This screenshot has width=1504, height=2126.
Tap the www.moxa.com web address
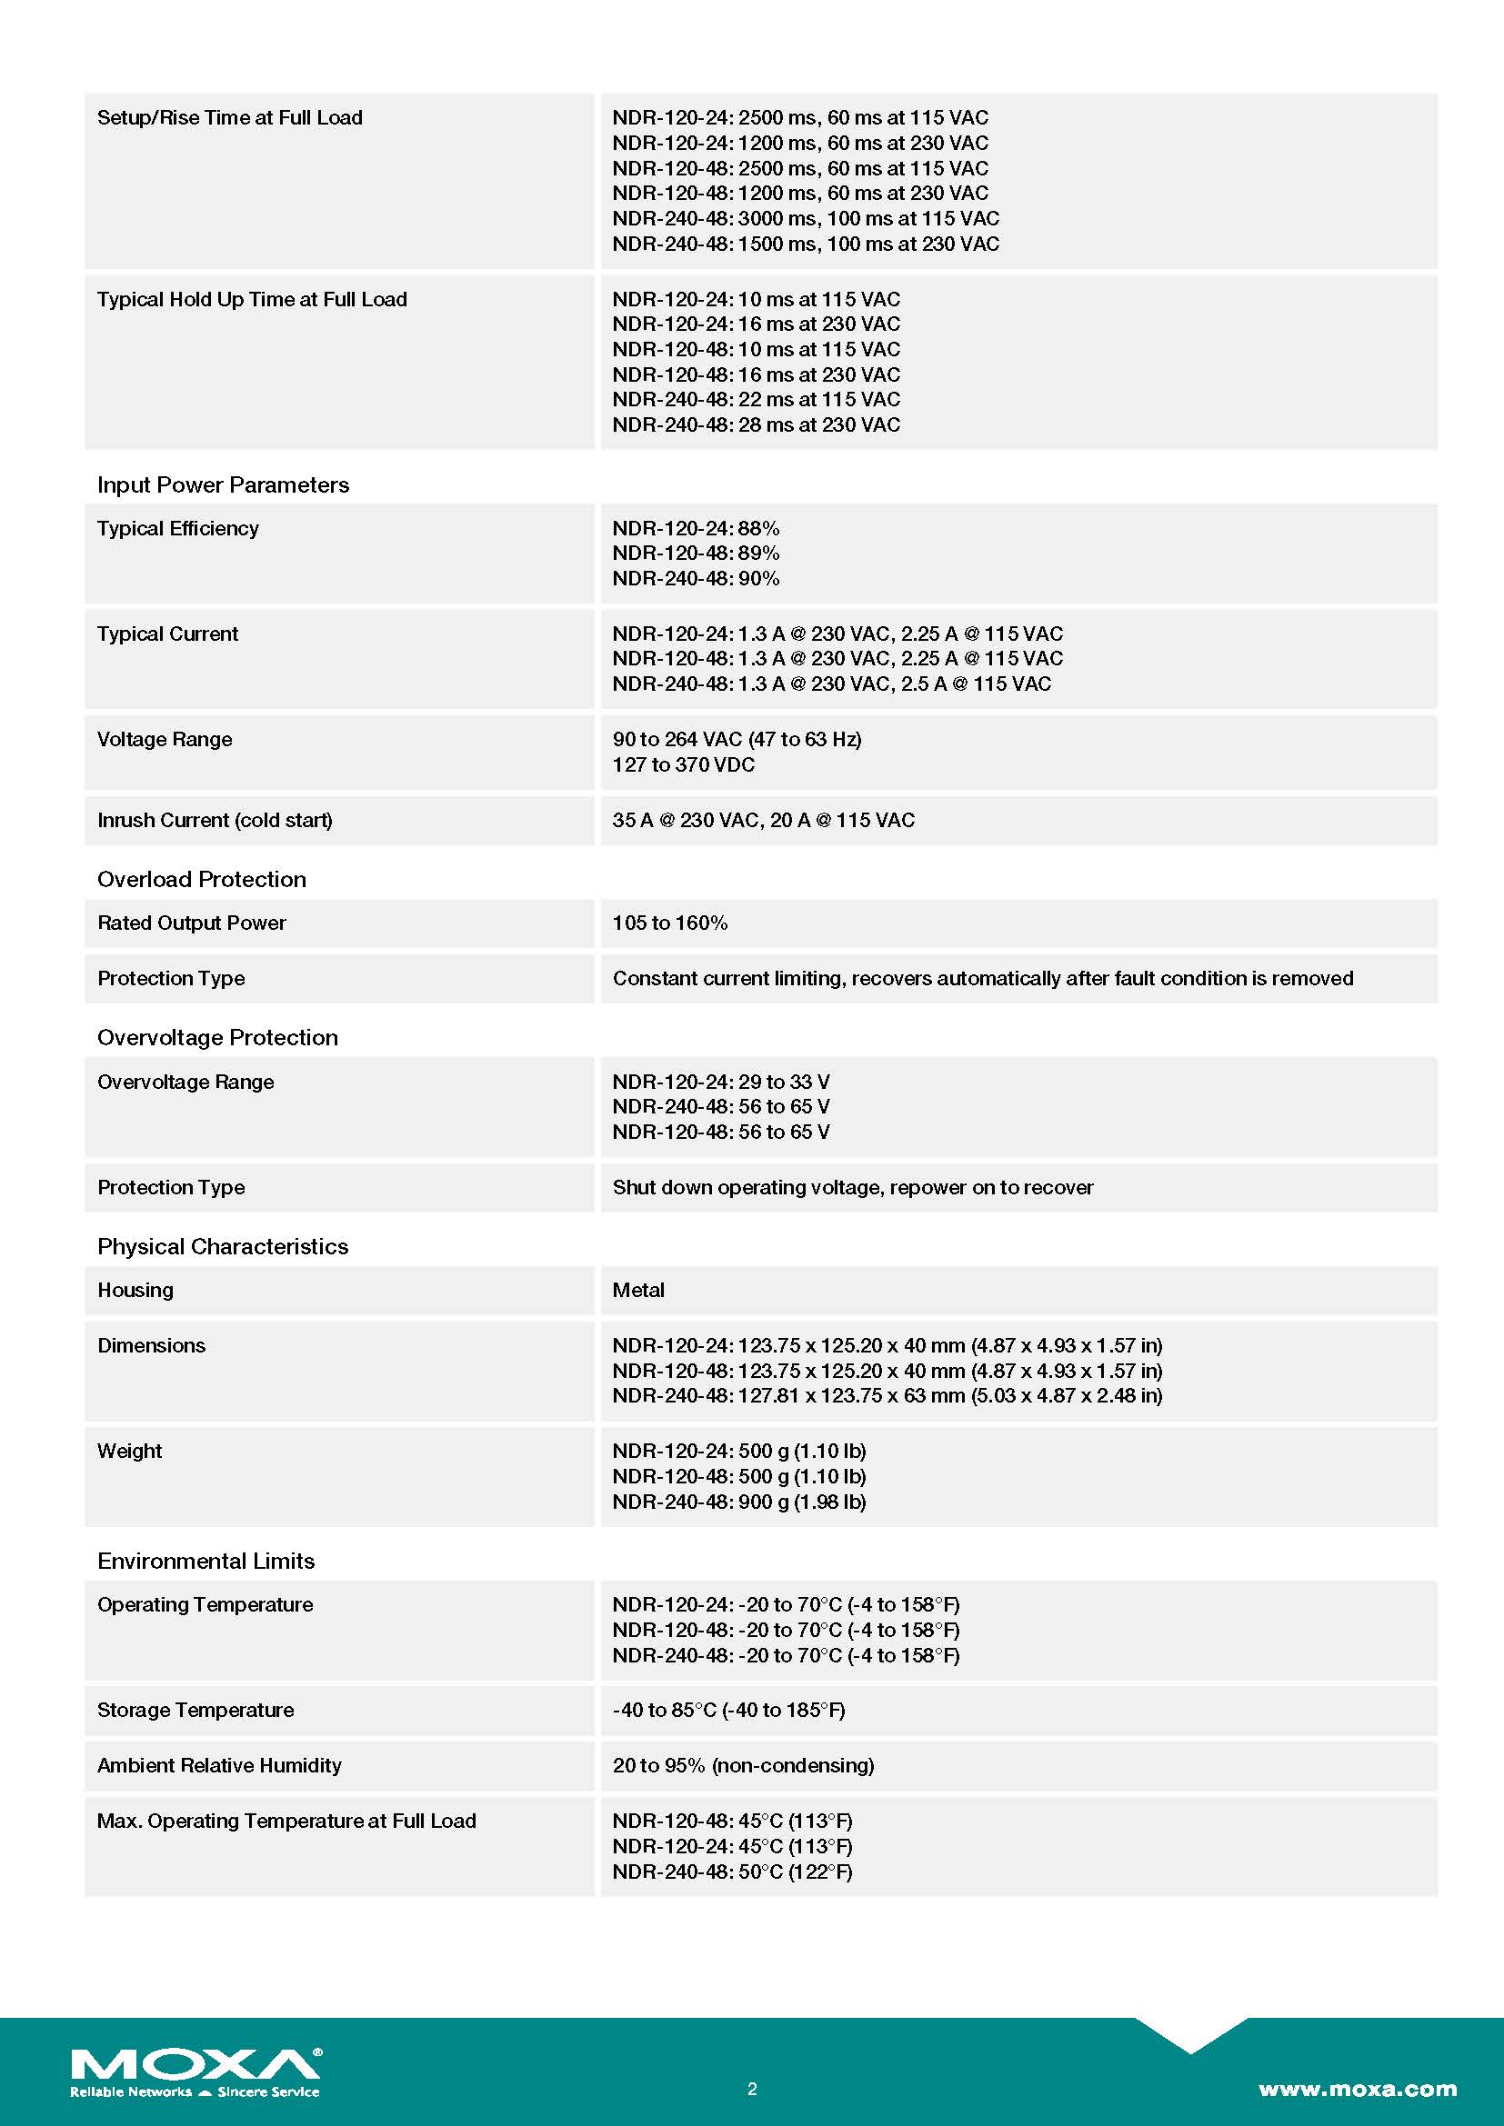point(1357,2088)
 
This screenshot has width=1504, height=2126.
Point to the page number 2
point(752,2088)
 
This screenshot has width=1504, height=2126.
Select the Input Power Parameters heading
point(223,485)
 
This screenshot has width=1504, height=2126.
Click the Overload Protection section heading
point(202,880)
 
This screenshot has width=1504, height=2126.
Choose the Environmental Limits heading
point(206,1562)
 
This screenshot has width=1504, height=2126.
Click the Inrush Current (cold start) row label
point(215,821)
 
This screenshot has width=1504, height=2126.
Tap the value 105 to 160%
point(669,923)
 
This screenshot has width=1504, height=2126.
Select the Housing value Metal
point(638,1291)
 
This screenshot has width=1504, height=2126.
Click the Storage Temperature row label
point(196,1711)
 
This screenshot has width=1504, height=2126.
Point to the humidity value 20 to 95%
point(743,1766)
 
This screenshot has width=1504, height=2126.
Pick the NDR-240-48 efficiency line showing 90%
point(696,579)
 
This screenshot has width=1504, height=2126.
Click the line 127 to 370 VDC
point(684,764)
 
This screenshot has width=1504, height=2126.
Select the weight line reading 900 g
point(739,1502)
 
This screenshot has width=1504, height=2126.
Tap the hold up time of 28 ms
point(756,425)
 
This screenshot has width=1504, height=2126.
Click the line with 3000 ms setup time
point(806,218)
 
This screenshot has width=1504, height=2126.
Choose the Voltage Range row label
point(165,740)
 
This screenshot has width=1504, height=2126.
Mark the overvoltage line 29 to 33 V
point(720,1083)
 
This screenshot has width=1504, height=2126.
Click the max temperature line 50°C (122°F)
point(732,1872)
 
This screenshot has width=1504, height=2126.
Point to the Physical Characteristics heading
point(223,1247)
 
